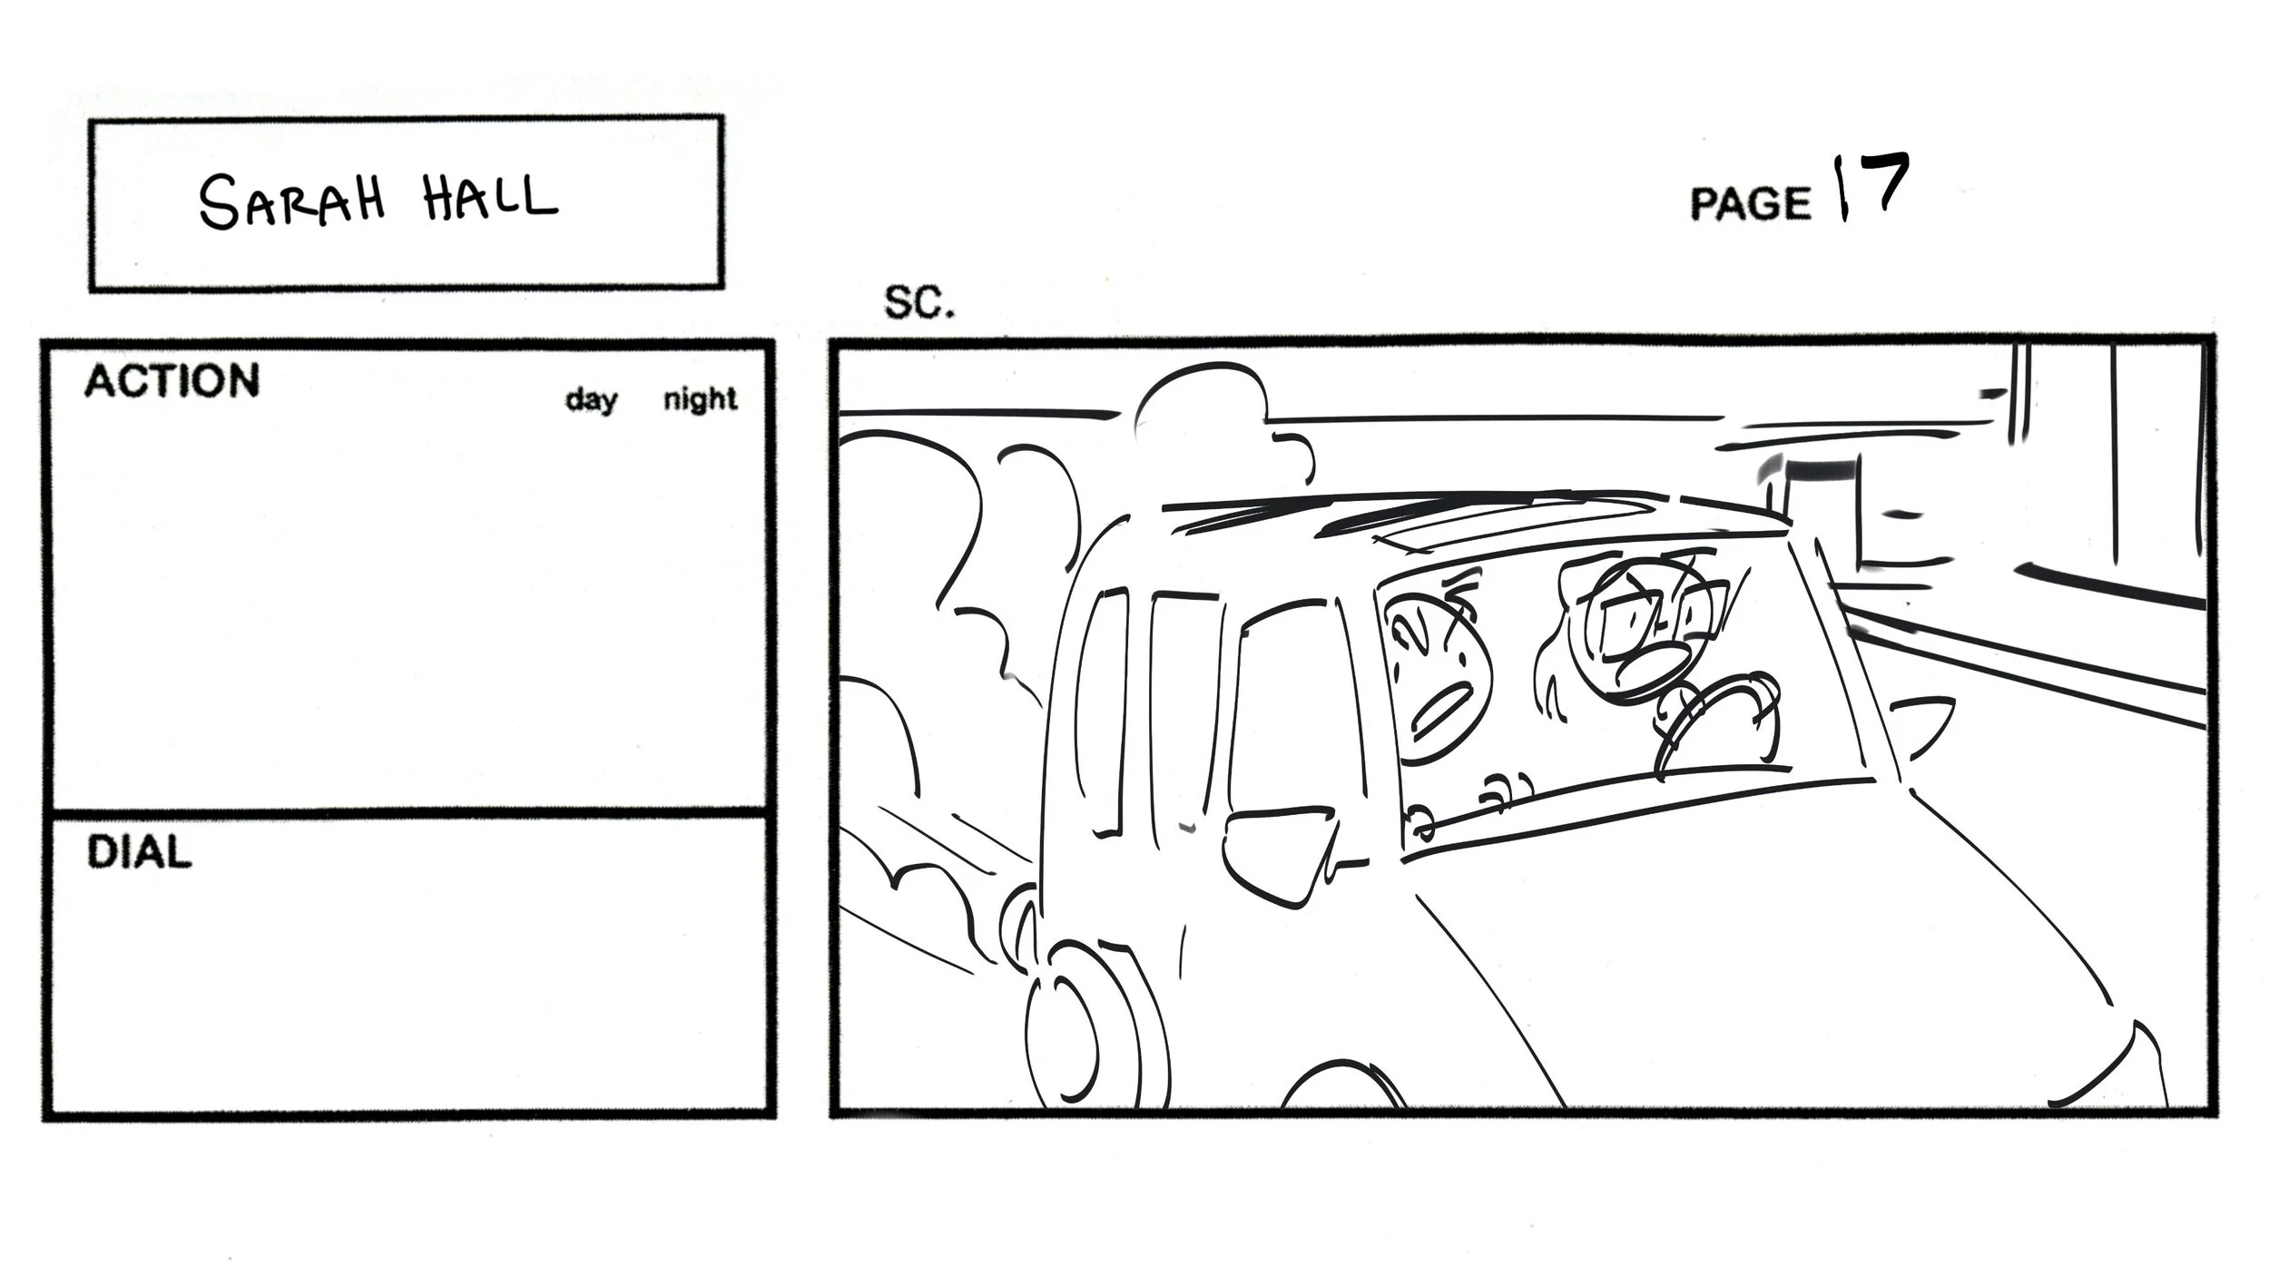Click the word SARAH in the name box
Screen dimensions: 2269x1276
[291, 201]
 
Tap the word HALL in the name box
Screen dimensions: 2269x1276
[489, 199]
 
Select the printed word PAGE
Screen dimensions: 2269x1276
[1749, 203]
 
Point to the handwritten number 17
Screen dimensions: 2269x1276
[1871, 187]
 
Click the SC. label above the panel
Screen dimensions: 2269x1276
[918, 303]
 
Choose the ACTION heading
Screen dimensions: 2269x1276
[172, 381]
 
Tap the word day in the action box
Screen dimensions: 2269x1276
[591, 399]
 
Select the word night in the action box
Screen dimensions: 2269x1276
[700, 399]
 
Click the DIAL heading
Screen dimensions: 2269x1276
[139, 853]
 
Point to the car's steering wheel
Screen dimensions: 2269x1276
[1715, 726]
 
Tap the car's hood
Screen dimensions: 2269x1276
[1770, 953]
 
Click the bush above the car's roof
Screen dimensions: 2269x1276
[1207, 427]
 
